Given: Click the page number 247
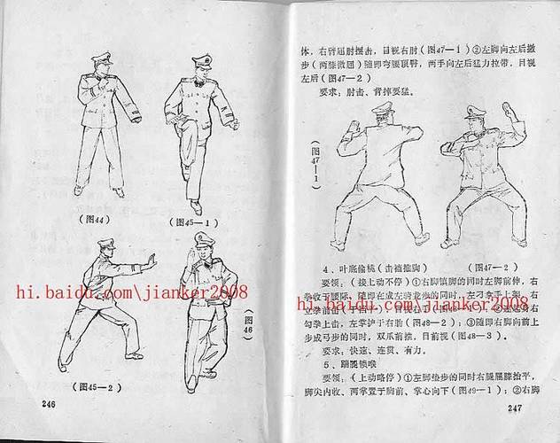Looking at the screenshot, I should coord(517,408).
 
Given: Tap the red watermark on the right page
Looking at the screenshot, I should coord(412,305).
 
